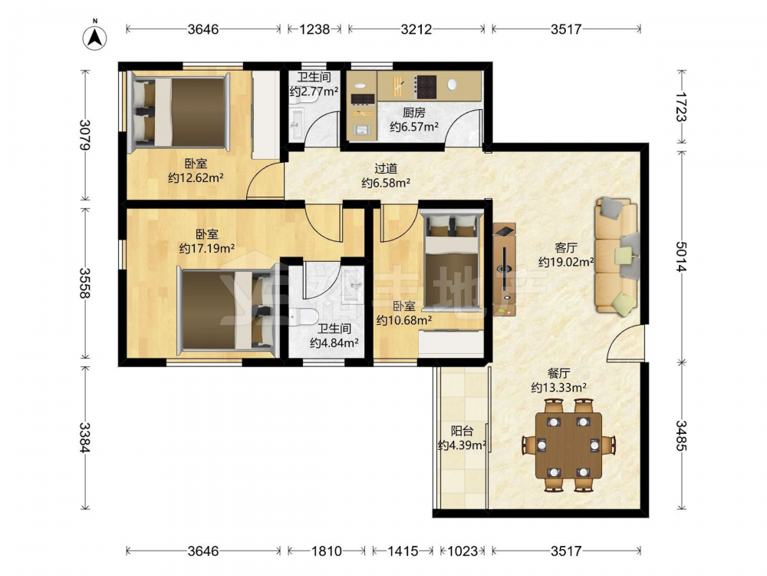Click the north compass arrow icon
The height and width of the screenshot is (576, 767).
(x=95, y=36)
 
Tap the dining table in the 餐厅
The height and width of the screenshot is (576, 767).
(x=568, y=445)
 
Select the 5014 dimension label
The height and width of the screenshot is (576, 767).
(x=681, y=257)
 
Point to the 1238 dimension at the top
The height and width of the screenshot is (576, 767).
(x=314, y=29)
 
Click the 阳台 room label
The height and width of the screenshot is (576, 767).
(x=462, y=431)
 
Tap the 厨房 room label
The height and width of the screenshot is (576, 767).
(x=414, y=113)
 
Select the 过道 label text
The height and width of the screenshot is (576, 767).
(x=386, y=169)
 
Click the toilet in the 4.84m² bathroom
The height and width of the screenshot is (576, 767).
(x=303, y=317)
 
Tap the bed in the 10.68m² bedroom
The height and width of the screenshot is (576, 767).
(x=452, y=260)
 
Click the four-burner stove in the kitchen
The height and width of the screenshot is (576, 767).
(x=425, y=87)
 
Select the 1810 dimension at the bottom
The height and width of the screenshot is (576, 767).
(x=327, y=551)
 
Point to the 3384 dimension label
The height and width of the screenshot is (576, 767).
(x=86, y=438)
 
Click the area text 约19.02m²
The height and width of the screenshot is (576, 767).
(x=566, y=263)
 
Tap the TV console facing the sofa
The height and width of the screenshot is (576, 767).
(x=505, y=270)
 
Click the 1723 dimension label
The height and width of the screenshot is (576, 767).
(x=681, y=107)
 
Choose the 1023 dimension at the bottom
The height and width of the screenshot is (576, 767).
(x=463, y=551)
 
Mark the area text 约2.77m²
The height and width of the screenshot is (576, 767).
(x=314, y=91)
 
